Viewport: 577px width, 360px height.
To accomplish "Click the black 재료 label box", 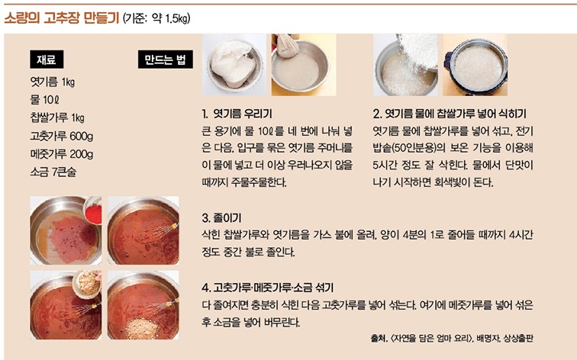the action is pos(47,59).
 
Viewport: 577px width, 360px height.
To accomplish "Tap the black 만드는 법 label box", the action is pos(165,59).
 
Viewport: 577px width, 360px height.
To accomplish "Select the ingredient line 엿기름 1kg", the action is pos(53,82).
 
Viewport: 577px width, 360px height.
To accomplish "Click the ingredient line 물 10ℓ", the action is pos(44,100).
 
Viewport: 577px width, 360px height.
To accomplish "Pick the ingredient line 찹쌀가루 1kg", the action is pos(57,117).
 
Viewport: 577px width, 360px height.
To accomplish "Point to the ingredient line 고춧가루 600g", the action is pos(62,136).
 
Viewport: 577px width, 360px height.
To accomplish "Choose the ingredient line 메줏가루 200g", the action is pos(62,154).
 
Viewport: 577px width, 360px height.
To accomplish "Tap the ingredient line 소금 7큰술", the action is pos(53,172).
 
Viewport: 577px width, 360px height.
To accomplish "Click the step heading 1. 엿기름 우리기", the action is pos(237,114).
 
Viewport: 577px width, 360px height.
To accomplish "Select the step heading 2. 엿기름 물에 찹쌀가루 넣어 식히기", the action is pos(450,114).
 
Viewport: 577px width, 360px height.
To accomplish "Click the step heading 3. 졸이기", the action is pos(221,217).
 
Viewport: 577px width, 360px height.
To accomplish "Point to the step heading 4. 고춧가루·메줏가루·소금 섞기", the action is pos(268,288).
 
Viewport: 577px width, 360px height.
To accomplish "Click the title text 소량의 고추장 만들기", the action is pos(62,18).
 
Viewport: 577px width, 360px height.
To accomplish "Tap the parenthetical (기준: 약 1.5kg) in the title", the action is pos(156,18).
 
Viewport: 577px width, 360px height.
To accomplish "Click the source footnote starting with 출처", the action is pos(452,338).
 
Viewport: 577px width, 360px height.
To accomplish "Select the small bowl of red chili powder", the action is pos(93,211).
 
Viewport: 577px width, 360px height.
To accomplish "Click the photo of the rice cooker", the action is pos(475,65).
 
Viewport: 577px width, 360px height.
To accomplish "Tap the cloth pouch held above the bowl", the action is pos(288,46).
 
